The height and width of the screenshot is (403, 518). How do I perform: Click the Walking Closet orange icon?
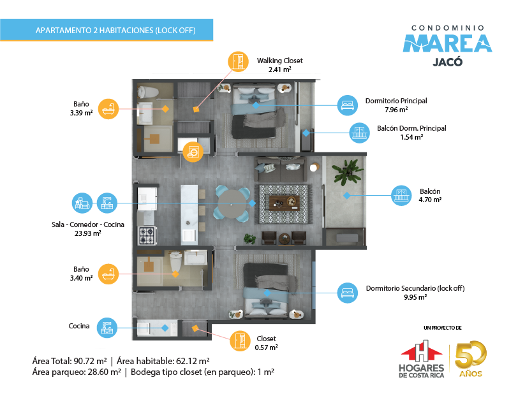[x=238, y=61]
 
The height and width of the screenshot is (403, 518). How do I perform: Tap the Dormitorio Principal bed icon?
[x=348, y=105]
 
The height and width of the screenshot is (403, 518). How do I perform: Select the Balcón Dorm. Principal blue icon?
[x=359, y=133]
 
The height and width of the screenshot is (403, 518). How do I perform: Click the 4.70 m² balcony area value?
[x=430, y=200]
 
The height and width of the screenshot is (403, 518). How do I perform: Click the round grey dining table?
[x=232, y=204]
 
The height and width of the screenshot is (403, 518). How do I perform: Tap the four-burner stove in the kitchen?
[x=147, y=235]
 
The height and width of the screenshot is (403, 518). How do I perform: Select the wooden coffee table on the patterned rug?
[x=284, y=203]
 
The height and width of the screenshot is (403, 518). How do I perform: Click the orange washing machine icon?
[x=193, y=152]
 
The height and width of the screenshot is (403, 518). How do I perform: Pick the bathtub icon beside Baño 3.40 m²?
[x=108, y=274]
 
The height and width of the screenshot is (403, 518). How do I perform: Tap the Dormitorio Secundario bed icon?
[x=348, y=293]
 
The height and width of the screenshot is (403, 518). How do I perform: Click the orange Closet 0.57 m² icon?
[x=240, y=341]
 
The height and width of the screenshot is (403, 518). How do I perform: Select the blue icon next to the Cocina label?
[x=107, y=328]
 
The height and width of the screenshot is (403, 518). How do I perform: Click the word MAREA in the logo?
[x=447, y=43]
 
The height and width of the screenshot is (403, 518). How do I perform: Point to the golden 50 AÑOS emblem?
[x=470, y=359]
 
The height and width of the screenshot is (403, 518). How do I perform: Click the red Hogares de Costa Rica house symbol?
[x=422, y=351]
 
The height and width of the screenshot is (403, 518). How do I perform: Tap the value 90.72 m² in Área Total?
[x=90, y=361]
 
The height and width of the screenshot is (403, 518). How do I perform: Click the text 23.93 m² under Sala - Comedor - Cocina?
[x=88, y=233]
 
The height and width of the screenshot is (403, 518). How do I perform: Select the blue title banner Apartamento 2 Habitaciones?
[x=107, y=30]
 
